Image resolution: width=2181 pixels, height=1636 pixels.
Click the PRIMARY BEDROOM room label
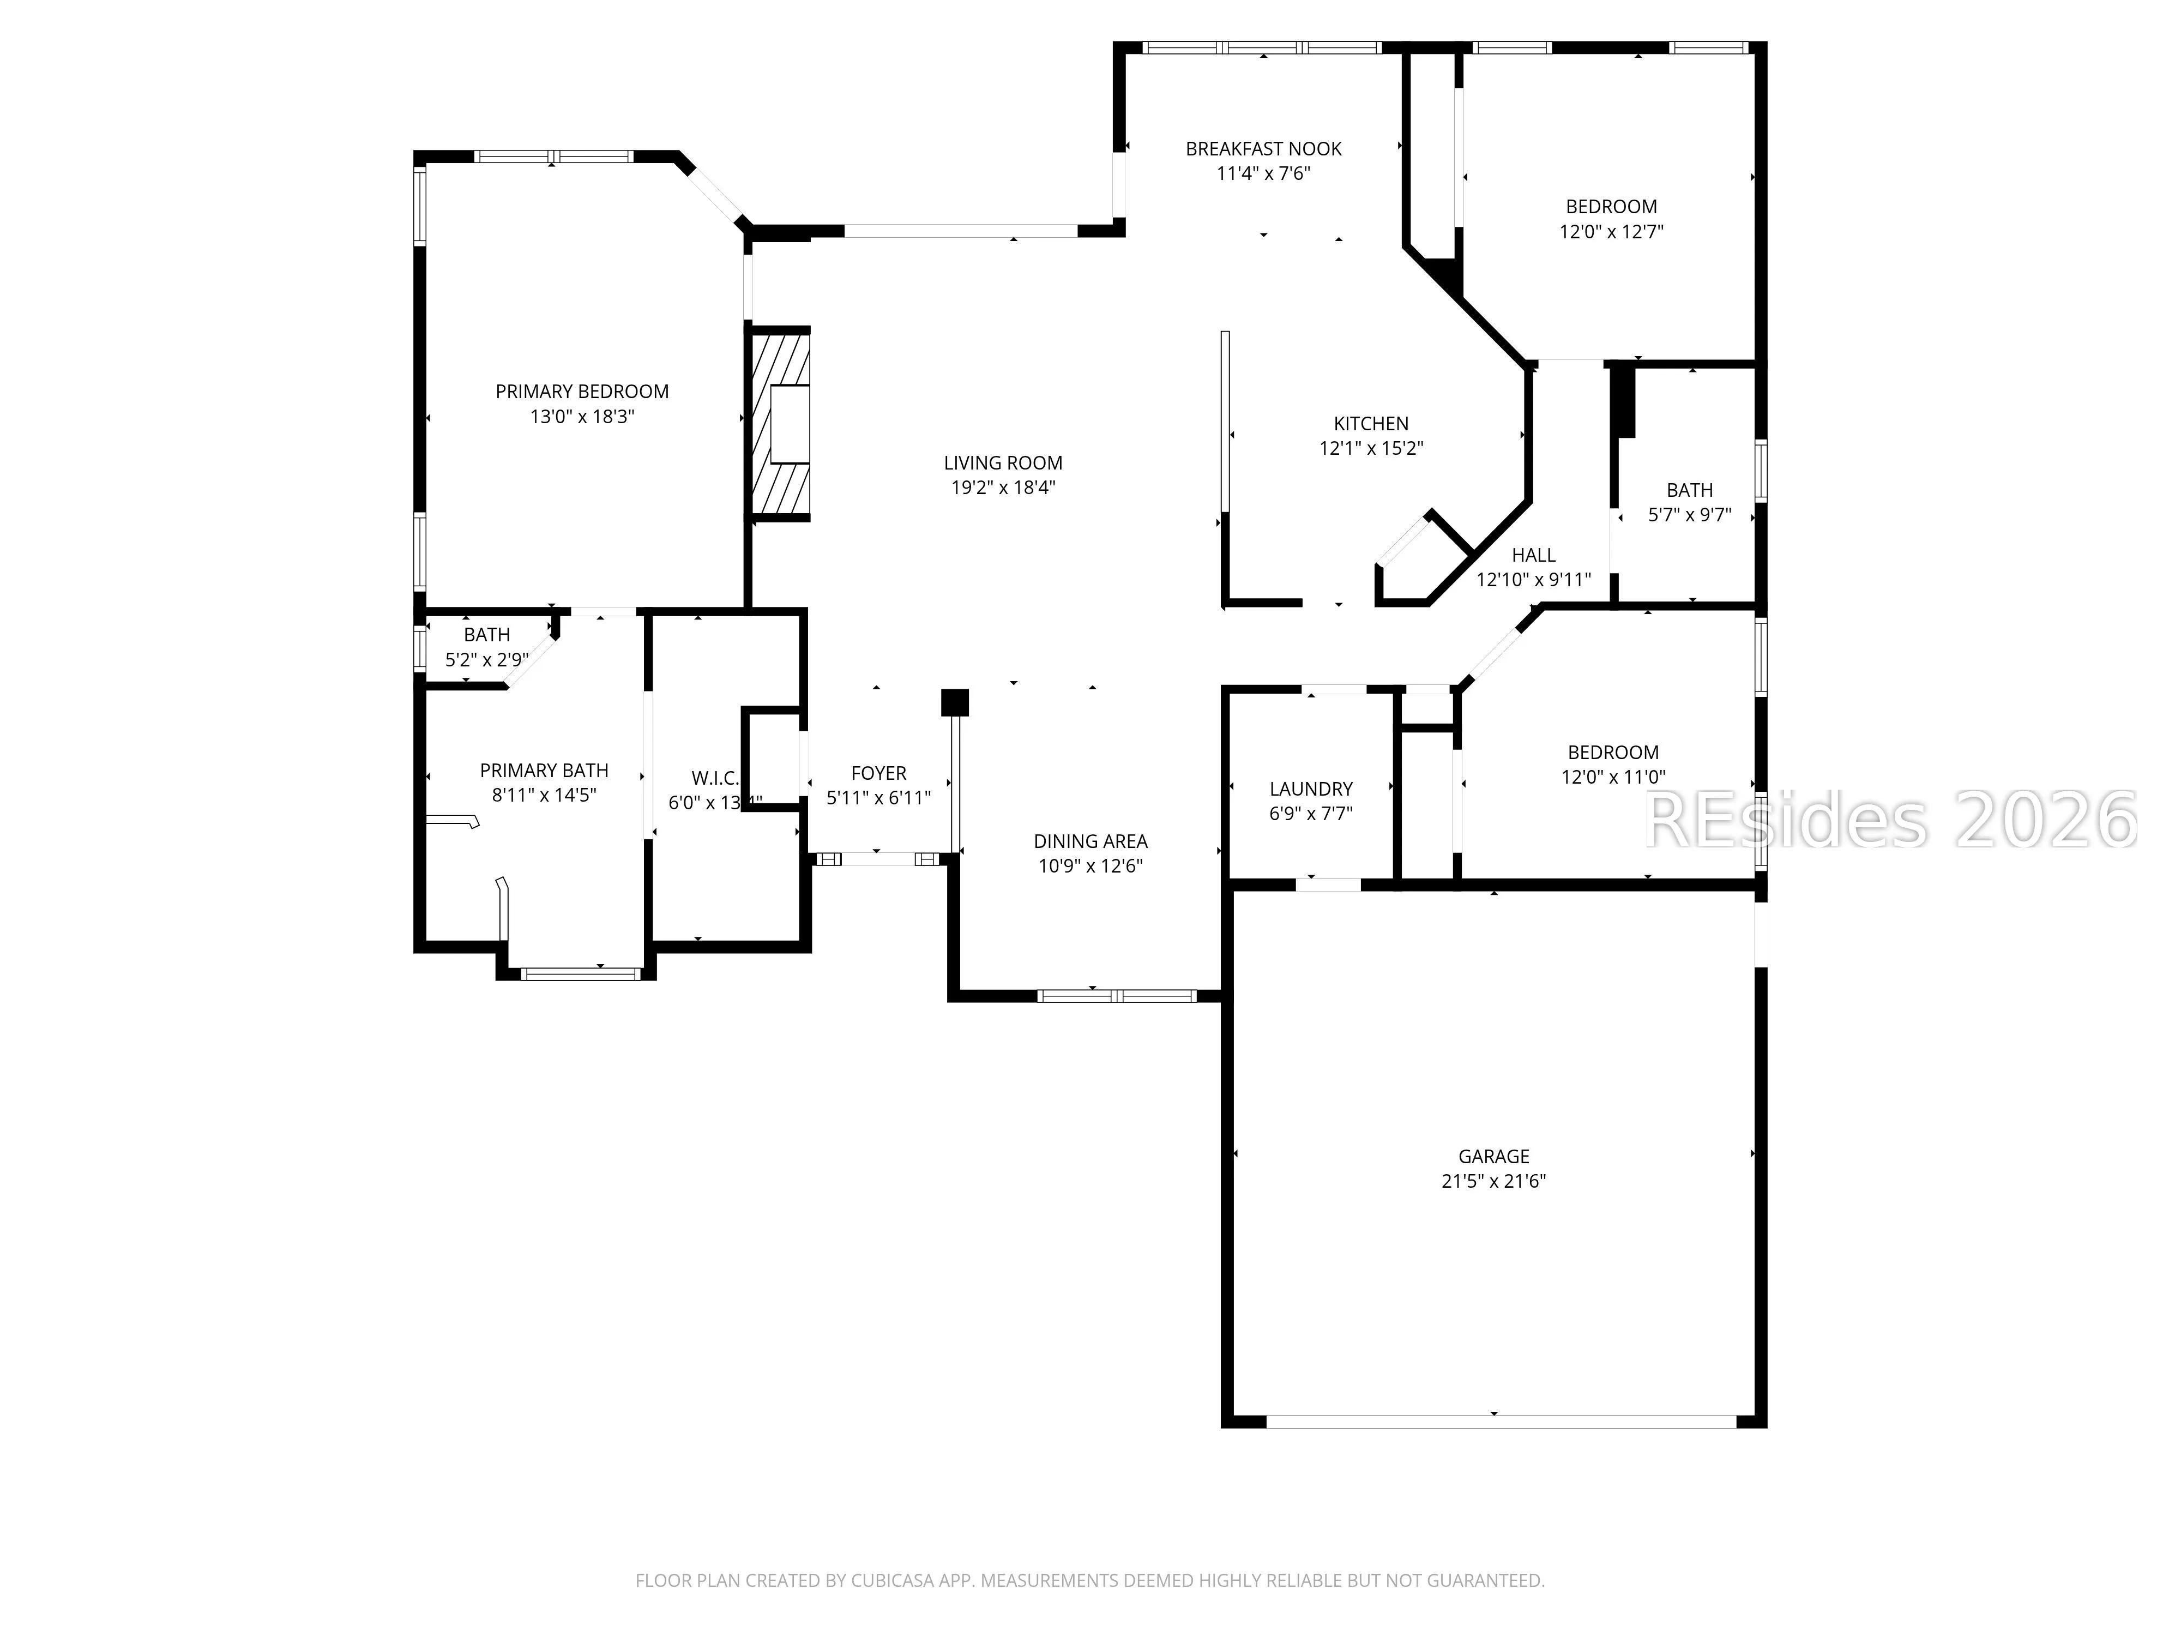(582, 392)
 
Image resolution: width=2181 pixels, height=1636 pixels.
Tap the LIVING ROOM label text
(1003, 462)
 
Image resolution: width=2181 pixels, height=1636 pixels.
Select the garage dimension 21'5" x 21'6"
(1494, 1181)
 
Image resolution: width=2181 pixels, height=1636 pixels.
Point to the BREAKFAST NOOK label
(1263, 149)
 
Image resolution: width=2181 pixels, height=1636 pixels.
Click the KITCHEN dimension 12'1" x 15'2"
(1371, 448)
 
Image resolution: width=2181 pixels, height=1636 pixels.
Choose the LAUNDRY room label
(1310, 789)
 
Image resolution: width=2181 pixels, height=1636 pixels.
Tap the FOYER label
(878, 773)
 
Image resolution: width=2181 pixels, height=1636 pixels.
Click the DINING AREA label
(1090, 841)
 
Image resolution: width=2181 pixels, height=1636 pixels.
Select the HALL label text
(1533, 555)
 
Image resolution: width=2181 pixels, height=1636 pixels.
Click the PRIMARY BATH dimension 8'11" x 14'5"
(544, 795)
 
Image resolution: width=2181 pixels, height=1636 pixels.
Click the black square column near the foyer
(954, 702)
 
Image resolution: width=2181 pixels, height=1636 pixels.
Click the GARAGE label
(1494, 1156)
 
